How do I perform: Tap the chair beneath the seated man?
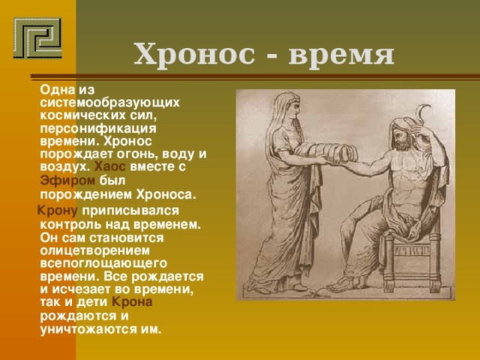405,255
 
